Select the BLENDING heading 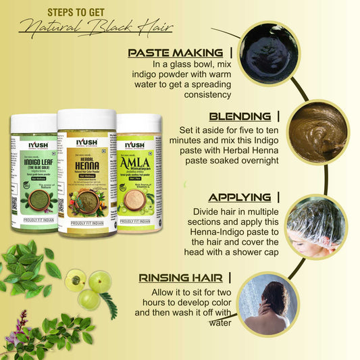coord(240,116)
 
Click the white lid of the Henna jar coord(86,120)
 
